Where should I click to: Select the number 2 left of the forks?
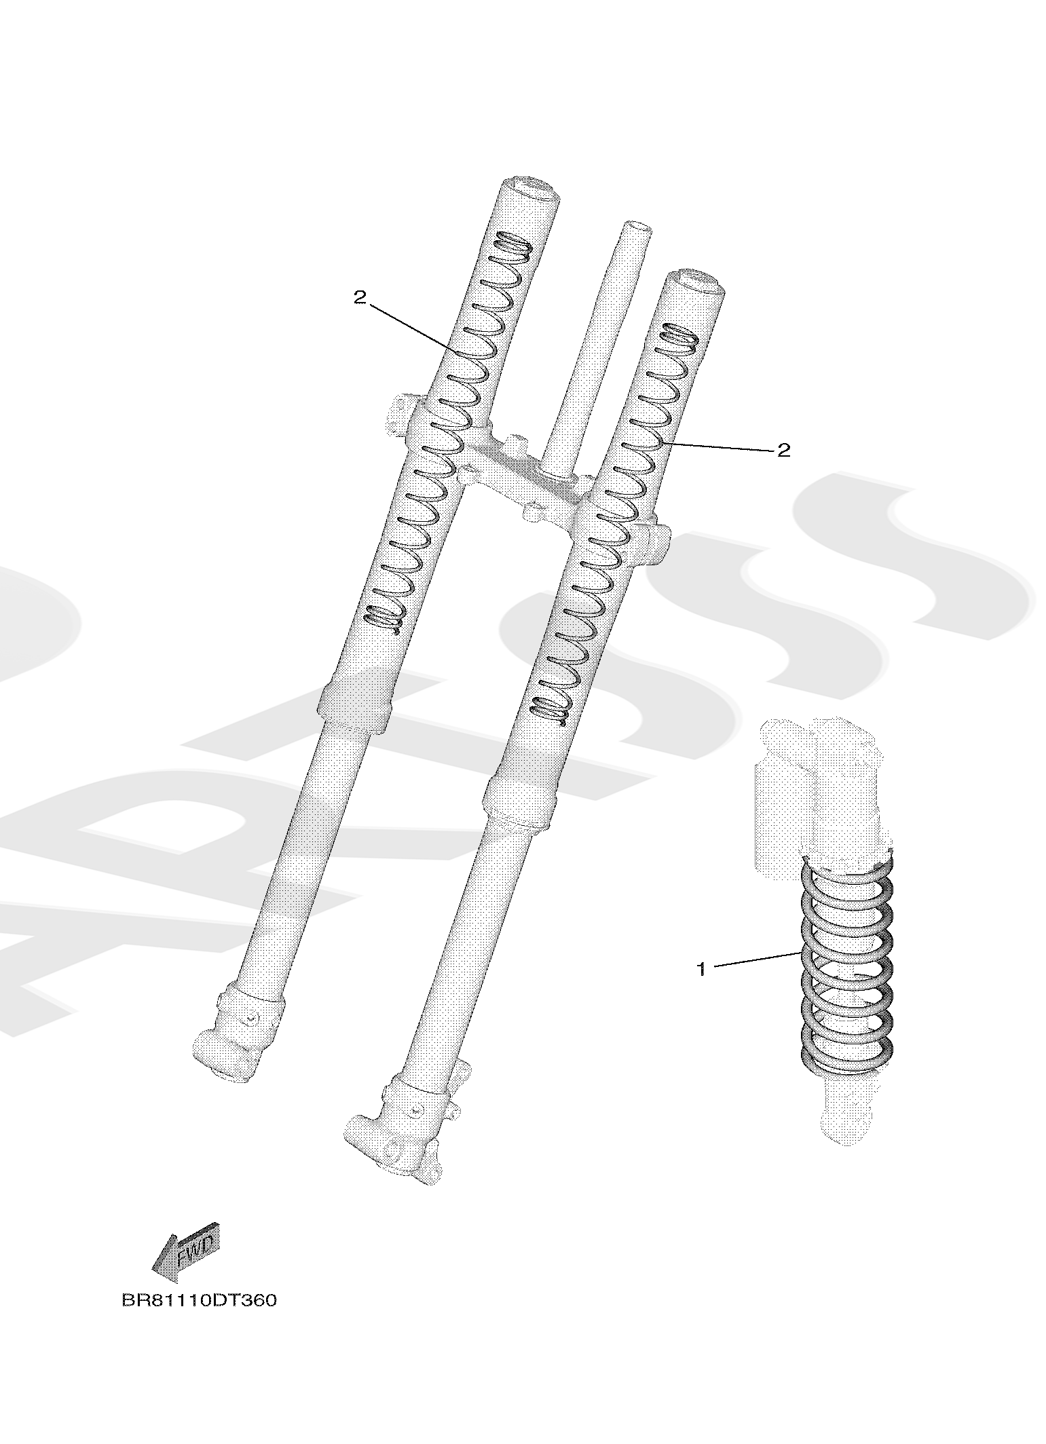click(x=360, y=297)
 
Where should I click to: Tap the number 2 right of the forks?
click(x=784, y=450)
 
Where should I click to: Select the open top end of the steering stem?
click(x=637, y=227)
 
